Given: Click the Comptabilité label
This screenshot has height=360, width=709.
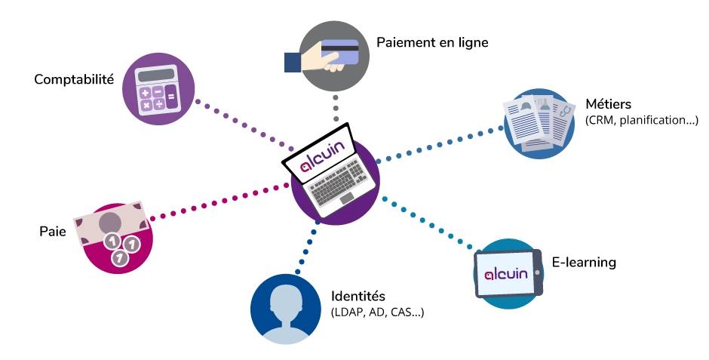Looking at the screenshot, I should [x=74, y=78].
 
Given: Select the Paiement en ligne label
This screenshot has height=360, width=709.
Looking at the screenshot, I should [x=432, y=42].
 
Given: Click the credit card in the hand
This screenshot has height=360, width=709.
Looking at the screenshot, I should [x=339, y=52].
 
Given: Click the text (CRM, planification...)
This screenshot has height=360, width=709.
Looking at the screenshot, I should [x=642, y=120].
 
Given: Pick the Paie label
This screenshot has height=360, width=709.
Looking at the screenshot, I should [x=53, y=231].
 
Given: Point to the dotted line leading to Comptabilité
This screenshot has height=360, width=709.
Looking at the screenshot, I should [x=241, y=122].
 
